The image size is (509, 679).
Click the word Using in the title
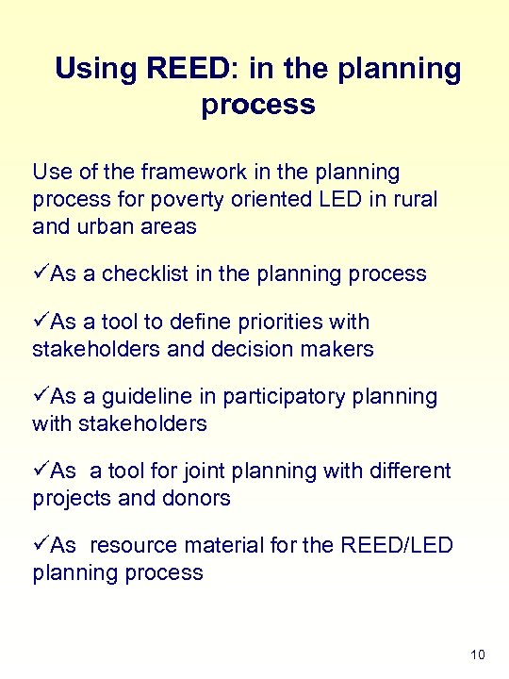tap(98, 69)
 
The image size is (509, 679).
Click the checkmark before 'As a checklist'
tap(40, 274)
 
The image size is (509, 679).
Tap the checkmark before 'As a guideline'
tap(40, 396)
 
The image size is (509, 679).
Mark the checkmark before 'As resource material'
tap(40, 545)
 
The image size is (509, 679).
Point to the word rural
tap(413, 200)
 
